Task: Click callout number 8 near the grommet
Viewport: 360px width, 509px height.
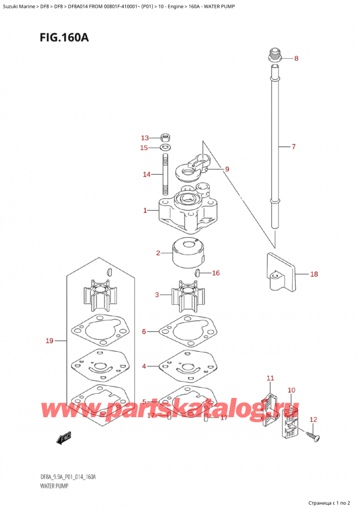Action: pos(296,58)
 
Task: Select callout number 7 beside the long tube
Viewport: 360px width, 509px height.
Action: pos(293,146)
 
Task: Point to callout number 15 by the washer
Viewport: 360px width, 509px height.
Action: pos(144,148)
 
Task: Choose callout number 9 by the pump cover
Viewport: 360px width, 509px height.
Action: pos(227,169)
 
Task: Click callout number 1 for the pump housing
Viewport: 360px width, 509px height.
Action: pos(146,210)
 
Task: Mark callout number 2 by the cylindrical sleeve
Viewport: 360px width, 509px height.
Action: pos(158,253)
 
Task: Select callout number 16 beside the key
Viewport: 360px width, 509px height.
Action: pos(215,273)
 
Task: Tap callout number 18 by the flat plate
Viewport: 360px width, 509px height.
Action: pos(314,274)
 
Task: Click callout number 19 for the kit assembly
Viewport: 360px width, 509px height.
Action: pos(50,341)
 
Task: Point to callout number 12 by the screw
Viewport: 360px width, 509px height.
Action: pos(313,420)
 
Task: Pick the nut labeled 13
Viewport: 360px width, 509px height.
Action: pos(166,137)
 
